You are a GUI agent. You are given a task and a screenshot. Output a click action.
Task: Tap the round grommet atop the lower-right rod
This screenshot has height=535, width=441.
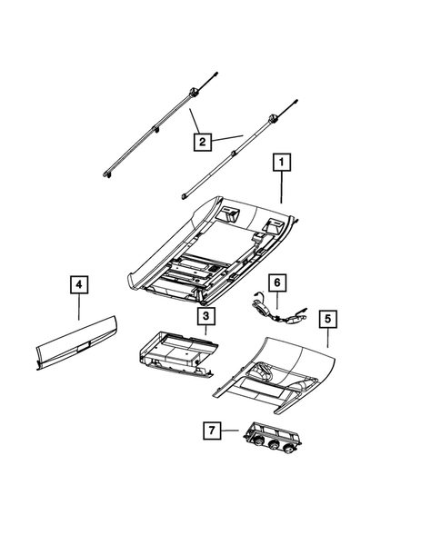click(x=272, y=117)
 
